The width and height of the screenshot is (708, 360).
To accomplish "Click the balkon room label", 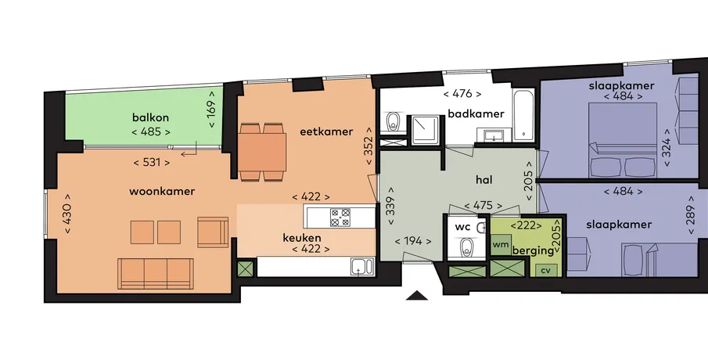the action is (150, 118).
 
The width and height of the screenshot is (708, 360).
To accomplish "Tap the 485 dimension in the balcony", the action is (151, 132).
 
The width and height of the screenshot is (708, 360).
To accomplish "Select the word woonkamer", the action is (162, 191).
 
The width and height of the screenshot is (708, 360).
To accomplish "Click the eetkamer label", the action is (326, 132).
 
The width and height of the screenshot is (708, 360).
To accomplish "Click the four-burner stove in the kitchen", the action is (340, 217).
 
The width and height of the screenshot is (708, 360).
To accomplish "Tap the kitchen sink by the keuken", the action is (362, 267).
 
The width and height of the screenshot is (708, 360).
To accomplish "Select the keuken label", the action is (302, 238).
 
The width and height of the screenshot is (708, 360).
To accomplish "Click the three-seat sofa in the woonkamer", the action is (156, 273).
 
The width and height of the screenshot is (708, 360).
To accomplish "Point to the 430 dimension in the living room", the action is (68, 214).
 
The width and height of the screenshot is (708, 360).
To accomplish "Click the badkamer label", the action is (476, 113).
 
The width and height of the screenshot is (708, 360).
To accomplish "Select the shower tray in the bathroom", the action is (426, 130).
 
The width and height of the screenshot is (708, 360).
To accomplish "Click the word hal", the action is (484, 180).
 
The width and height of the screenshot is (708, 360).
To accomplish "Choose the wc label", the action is (462, 227).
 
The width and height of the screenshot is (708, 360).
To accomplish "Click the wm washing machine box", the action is (501, 244).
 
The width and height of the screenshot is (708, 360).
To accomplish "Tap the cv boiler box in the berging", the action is (546, 270).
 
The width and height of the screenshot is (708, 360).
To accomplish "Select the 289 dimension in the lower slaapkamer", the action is (690, 215).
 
